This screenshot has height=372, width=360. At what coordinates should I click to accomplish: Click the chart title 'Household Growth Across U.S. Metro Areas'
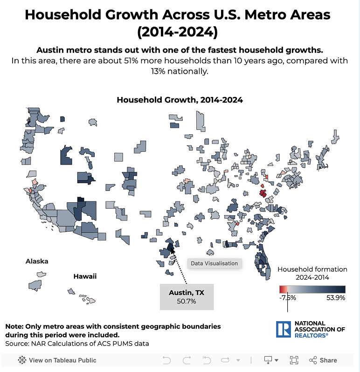click(177, 14)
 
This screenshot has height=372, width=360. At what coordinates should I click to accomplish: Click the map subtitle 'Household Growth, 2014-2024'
click(180, 100)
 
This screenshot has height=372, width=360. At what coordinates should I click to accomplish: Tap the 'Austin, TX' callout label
click(187, 293)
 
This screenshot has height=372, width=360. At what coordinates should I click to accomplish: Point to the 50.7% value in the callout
click(187, 302)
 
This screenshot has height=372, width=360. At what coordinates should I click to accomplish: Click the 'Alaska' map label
click(37, 261)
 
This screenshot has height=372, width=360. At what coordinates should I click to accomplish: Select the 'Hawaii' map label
click(85, 276)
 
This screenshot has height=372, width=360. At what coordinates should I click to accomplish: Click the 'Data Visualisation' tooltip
click(214, 263)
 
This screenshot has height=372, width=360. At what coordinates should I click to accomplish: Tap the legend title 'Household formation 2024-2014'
click(312, 273)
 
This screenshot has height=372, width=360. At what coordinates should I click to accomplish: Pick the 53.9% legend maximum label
click(334, 298)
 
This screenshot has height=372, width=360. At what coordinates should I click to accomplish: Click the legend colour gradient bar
click(312, 289)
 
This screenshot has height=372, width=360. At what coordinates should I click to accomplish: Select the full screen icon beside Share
click(294, 360)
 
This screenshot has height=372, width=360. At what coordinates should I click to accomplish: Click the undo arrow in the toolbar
click(166, 360)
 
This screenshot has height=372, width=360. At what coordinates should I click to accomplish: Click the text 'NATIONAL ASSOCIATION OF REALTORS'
click(320, 329)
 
